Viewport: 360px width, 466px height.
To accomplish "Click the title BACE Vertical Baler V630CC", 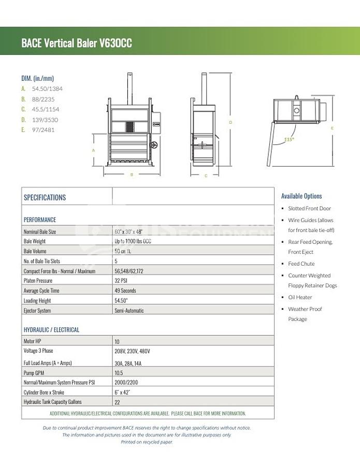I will pyautogui.click(x=76, y=43).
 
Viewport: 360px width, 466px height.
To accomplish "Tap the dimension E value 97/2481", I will pyautogui.click(x=44, y=130).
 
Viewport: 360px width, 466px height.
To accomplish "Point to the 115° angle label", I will pyautogui.click(x=289, y=139).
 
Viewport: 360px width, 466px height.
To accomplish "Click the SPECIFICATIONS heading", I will pyautogui.click(x=45, y=197).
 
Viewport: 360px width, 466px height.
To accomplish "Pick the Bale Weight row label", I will pyautogui.click(x=35, y=241).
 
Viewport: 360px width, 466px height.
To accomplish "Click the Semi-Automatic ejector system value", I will pyautogui.click(x=129, y=311).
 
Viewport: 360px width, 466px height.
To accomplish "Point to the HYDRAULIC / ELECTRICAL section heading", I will pyautogui.click(x=51, y=330).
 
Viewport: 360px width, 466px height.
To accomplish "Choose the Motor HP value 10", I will pyautogui.click(x=117, y=342).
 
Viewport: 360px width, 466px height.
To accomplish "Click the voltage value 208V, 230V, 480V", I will pyautogui.click(x=132, y=351).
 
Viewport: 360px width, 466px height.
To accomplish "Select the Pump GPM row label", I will pyautogui.click(x=36, y=372).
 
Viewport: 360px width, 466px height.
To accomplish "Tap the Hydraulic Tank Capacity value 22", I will pyautogui.click(x=117, y=402).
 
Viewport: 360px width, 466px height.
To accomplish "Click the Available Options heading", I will pyautogui.click(x=301, y=196).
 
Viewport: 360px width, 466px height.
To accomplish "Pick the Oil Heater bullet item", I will pyautogui.click(x=300, y=297).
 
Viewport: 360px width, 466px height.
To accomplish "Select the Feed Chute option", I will pyautogui.click(x=301, y=264).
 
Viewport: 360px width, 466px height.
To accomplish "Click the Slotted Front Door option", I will pyautogui.click(x=309, y=208).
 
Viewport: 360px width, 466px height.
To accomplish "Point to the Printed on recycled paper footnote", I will pyautogui.click(x=147, y=442).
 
